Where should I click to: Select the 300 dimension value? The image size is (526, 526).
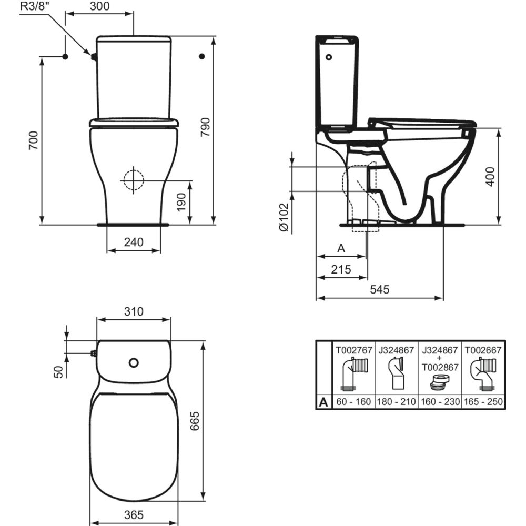tap(99, 6)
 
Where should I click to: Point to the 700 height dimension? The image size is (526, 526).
tap(34, 140)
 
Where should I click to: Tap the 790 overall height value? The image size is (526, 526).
tap(205, 127)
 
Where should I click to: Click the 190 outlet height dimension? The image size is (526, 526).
tap(181, 203)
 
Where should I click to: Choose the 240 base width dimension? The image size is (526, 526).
tap(134, 242)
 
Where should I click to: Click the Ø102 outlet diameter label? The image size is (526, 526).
tap(284, 217)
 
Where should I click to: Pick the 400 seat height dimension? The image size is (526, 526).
tap(490, 176)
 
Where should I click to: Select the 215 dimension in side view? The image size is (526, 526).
tap(341, 269)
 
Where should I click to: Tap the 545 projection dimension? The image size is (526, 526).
tap(380, 289)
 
